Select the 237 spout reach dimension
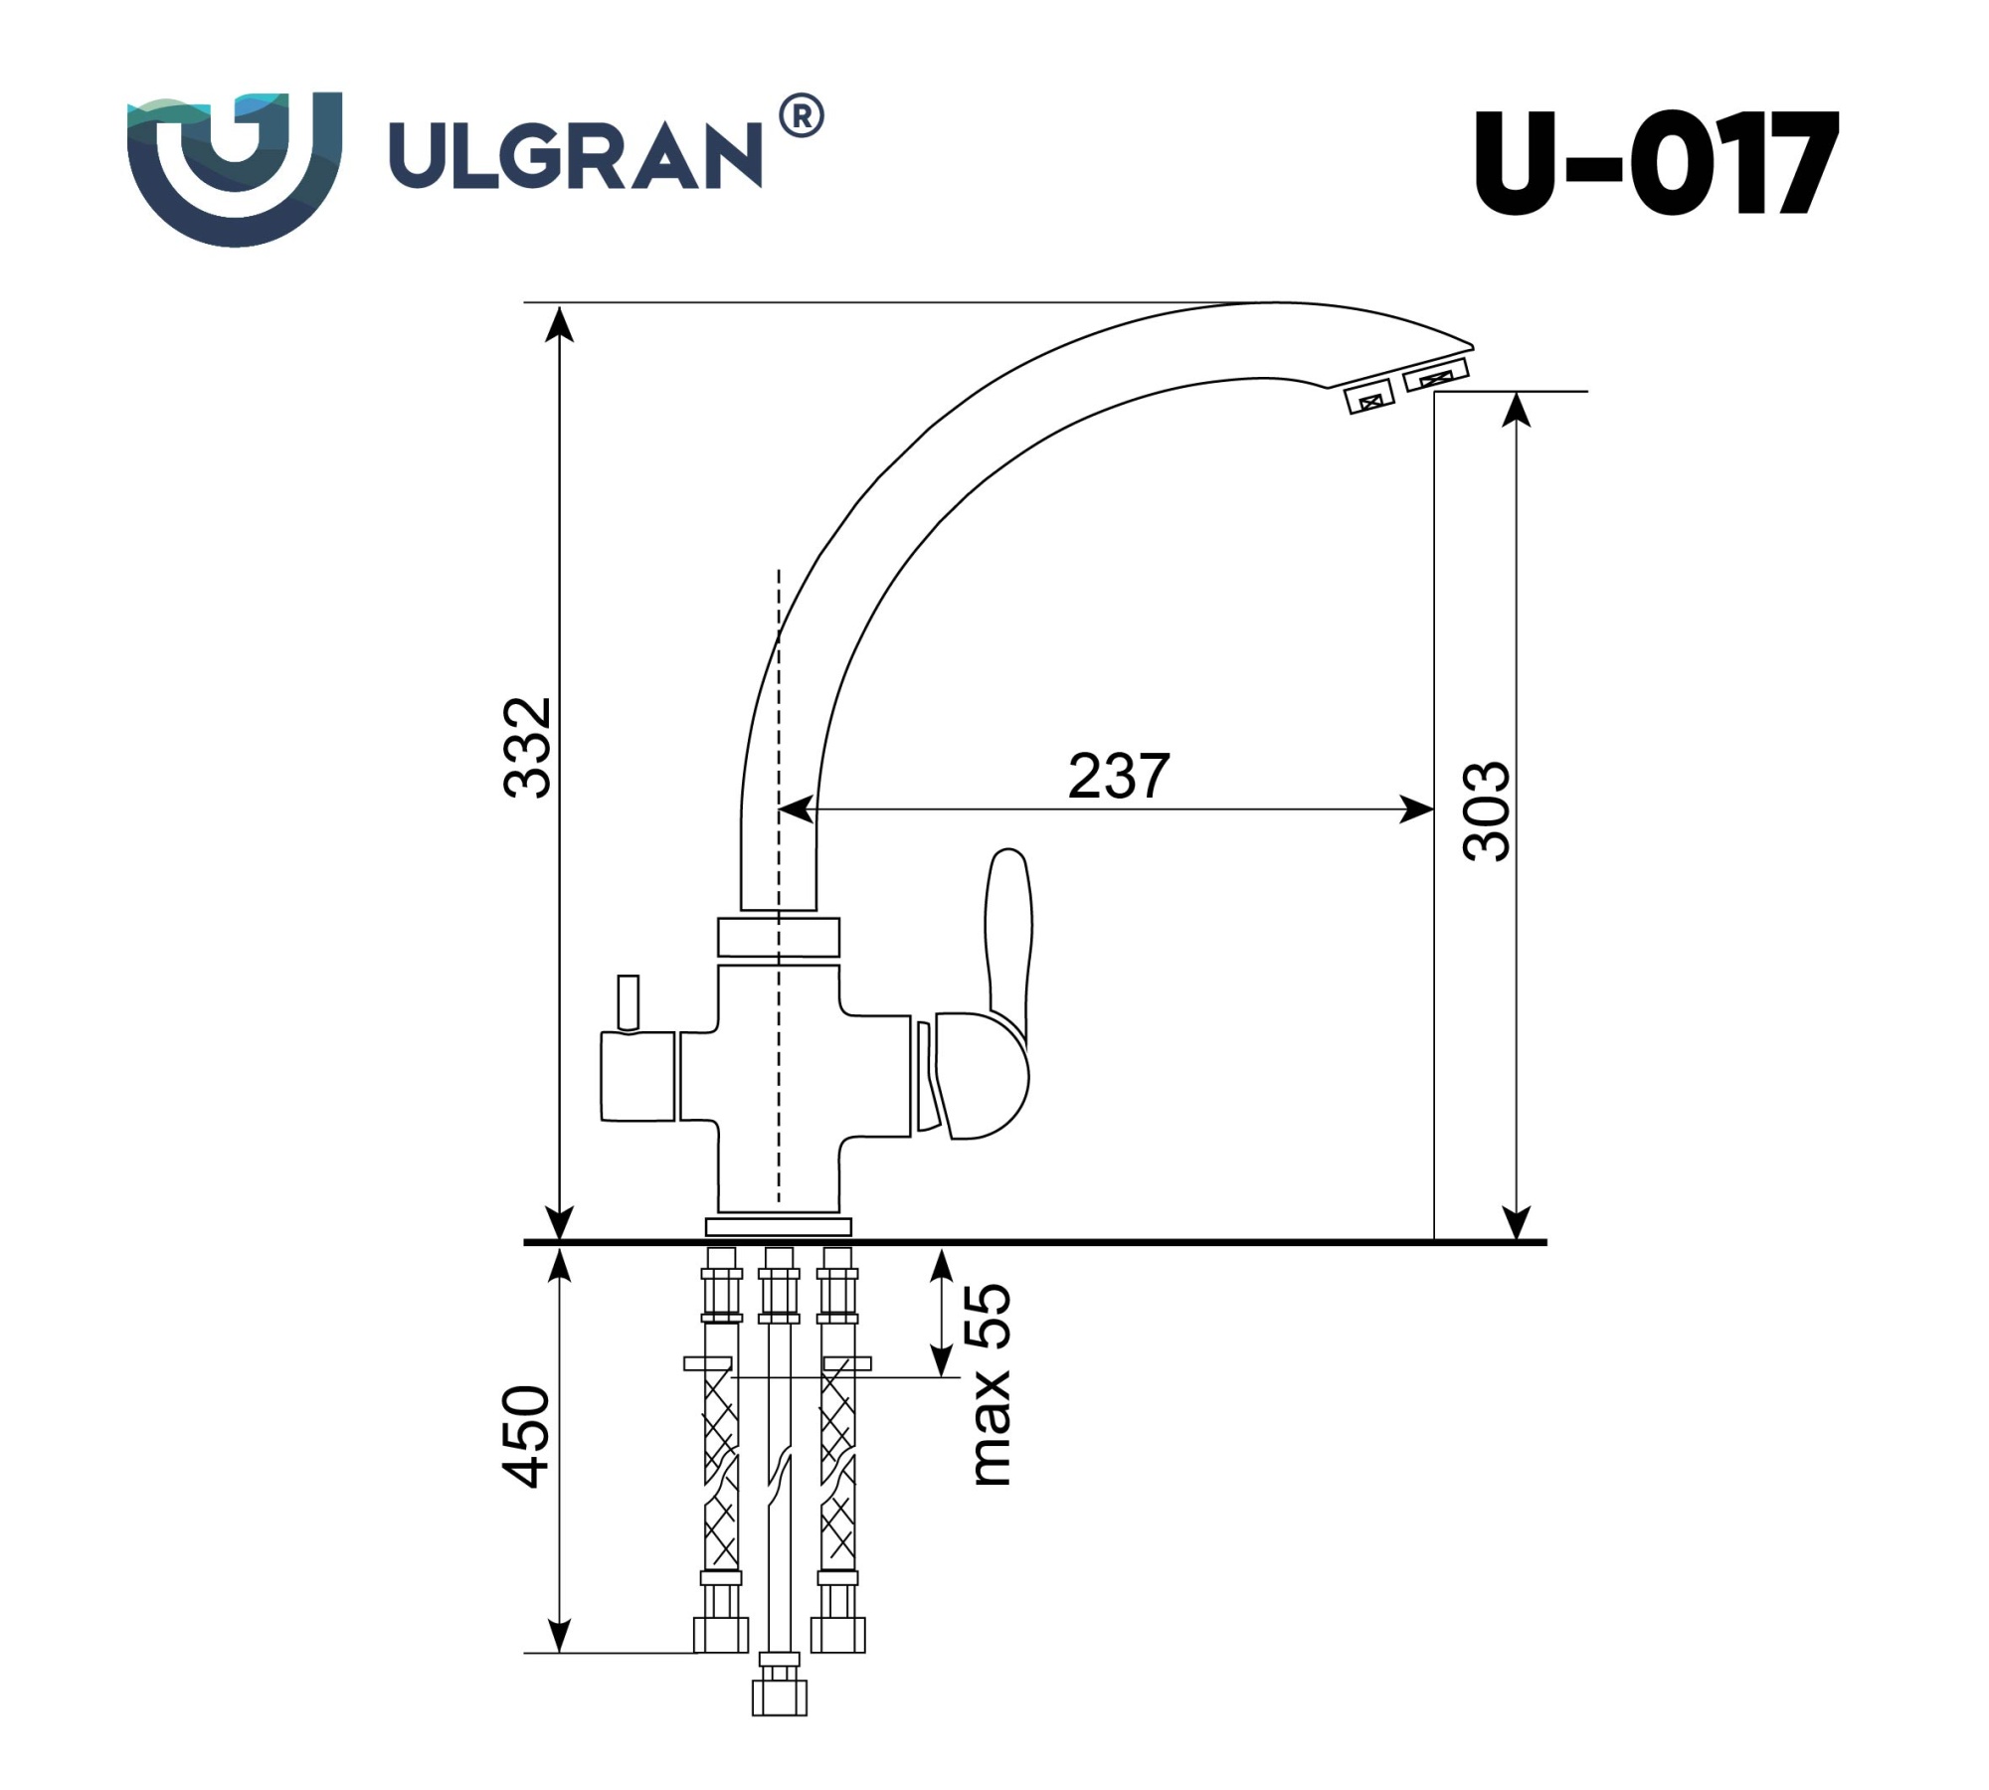1118,777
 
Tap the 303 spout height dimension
1488,811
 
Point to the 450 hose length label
526,1436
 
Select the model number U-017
1655,164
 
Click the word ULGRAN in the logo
575,156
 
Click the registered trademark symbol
801,116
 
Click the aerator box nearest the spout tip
1436,377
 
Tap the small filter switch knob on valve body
628,1002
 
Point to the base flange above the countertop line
778,1226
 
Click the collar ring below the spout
778,937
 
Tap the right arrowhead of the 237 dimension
1417,809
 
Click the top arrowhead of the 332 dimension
561,323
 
